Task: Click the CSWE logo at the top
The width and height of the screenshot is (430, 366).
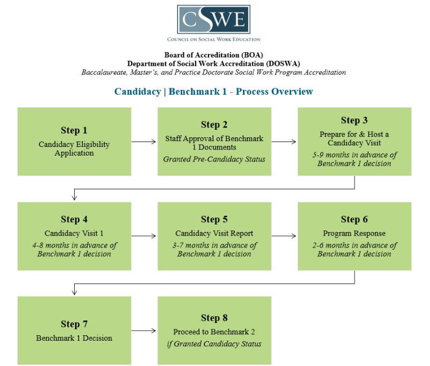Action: point(213,20)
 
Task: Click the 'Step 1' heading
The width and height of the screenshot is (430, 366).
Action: point(74,130)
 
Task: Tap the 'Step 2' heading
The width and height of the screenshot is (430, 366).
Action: point(214,124)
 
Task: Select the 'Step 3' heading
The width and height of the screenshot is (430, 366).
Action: point(354,120)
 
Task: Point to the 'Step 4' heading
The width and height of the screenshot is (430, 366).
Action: point(74,220)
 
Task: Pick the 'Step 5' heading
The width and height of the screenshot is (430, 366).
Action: point(214,220)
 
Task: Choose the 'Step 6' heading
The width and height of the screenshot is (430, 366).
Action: point(354,220)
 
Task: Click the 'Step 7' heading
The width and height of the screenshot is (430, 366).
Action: point(74,324)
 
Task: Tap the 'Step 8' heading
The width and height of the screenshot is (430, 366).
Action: point(214,318)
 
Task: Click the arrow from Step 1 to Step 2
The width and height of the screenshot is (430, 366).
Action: point(144,142)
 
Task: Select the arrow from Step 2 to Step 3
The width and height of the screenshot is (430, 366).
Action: point(284,142)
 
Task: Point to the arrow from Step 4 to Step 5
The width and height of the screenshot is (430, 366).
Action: point(144,236)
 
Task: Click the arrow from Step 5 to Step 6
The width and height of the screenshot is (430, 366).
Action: point(284,236)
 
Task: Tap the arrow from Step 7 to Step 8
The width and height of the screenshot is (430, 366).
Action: point(144,330)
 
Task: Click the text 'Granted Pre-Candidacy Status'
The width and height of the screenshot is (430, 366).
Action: point(214,159)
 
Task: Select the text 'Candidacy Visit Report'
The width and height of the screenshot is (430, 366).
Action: point(214,234)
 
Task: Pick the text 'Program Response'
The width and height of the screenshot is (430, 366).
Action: point(354,234)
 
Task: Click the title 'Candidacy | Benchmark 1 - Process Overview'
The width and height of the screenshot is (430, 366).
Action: point(213,91)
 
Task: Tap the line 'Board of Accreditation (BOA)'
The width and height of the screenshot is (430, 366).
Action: point(213,55)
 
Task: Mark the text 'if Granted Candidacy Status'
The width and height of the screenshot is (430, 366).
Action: point(214,344)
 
